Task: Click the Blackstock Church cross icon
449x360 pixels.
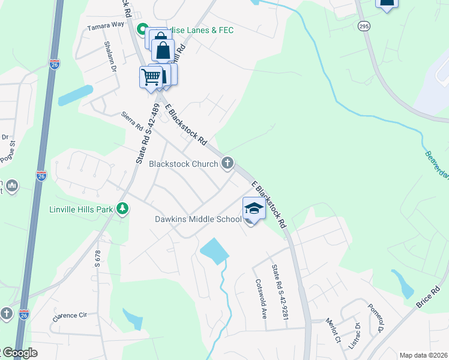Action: point(228,163)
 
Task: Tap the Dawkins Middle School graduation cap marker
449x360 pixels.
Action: point(253,208)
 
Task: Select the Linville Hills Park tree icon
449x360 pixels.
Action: point(122,209)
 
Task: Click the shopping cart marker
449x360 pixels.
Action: point(151,77)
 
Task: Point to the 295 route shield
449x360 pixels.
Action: point(364,26)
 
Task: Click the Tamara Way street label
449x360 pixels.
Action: point(105,25)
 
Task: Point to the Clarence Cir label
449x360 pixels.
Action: point(70,316)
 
